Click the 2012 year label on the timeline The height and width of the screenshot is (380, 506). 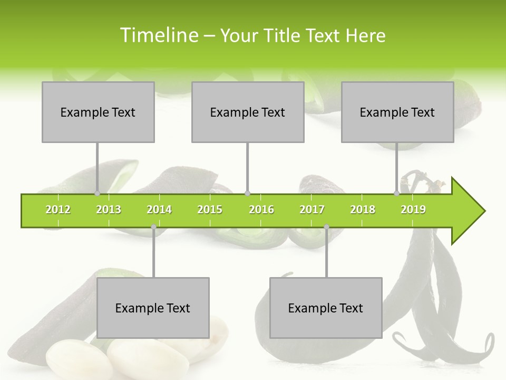click(58, 210)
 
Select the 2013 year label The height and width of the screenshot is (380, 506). click(109, 210)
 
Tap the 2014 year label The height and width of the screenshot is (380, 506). click(159, 210)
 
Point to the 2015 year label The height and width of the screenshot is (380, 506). click(210, 210)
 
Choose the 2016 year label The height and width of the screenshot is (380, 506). click(261, 210)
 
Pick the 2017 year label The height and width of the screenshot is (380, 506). click(312, 210)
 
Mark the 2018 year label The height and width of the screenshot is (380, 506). click(363, 210)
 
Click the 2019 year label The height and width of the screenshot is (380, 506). click(413, 210)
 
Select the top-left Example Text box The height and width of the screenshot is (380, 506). click(98, 112)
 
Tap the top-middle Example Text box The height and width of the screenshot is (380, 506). click(248, 112)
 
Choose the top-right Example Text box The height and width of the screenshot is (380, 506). click(397, 112)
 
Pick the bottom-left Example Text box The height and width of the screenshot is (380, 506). click(153, 308)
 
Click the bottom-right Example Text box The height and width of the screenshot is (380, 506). click(326, 308)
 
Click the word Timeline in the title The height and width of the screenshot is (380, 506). click(159, 35)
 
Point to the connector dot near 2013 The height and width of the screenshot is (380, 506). click(97, 194)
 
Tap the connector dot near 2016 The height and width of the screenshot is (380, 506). click(248, 194)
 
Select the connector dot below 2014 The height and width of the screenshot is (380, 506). click(153, 227)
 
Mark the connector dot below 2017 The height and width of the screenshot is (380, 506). click(326, 227)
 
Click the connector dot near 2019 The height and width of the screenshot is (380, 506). click(397, 194)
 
